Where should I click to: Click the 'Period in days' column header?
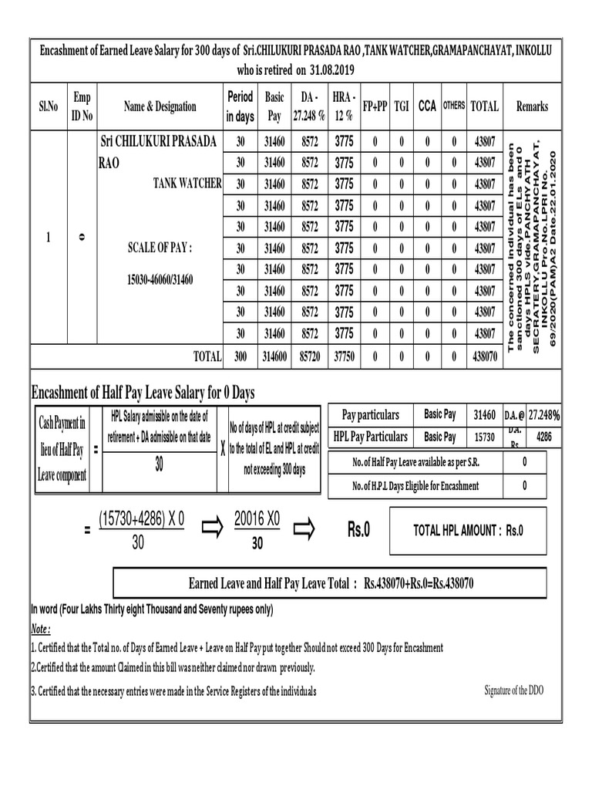(x=240, y=107)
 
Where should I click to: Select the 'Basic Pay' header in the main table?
(x=274, y=107)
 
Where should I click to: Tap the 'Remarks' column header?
(x=532, y=106)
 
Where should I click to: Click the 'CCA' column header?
(x=426, y=106)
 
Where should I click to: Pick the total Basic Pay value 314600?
(x=274, y=356)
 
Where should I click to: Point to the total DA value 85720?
(x=309, y=356)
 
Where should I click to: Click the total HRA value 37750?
(x=344, y=356)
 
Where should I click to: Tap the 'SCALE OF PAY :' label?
(x=160, y=248)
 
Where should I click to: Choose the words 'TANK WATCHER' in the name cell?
(x=187, y=184)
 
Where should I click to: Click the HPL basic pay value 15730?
(x=483, y=437)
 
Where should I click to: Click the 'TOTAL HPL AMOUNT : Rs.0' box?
(x=468, y=531)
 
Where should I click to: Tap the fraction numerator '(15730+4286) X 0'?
(x=143, y=519)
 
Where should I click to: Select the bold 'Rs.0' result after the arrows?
(x=358, y=530)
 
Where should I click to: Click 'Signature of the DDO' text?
(x=513, y=690)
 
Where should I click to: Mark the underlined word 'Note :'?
(x=41, y=628)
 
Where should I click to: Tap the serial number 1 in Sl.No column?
(x=48, y=238)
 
